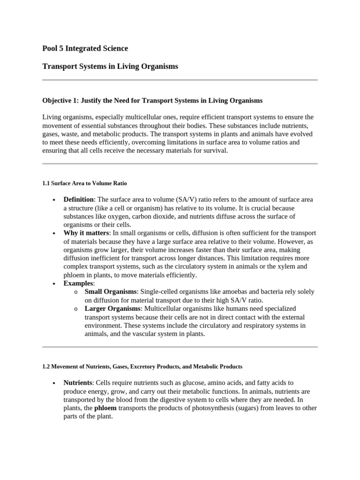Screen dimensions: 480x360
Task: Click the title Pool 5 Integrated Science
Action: [85, 48]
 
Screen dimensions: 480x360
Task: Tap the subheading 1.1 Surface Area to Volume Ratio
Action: [84, 183]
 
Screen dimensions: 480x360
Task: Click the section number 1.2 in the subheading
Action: [46, 366]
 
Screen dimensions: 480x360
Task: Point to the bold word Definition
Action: [78, 200]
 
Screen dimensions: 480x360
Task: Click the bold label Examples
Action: [78, 284]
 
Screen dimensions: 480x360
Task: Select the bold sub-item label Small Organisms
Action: [110, 292]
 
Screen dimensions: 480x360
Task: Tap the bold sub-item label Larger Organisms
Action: [112, 309]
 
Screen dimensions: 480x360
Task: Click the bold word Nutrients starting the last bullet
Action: [77, 383]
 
